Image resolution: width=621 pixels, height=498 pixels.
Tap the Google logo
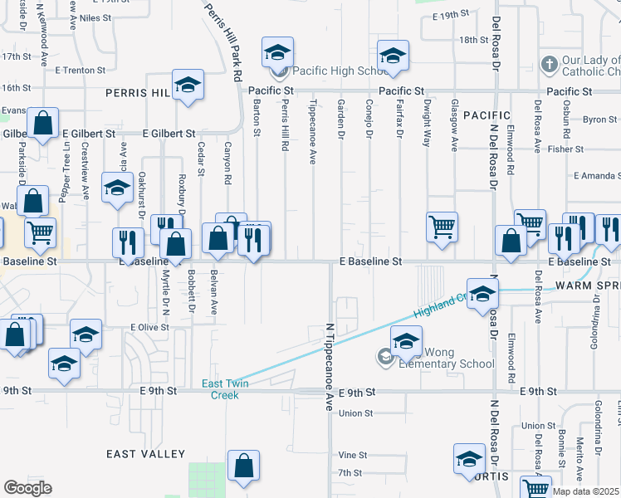[x=27, y=488]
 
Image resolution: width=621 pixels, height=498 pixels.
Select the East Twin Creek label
[x=220, y=389]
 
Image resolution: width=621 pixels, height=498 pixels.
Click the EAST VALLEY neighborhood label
[x=146, y=454]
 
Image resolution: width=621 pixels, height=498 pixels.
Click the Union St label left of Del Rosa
[x=355, y=413]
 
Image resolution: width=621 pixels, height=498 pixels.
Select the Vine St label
[x=353, y=456]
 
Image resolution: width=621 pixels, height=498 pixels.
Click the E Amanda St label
[x=597, y=176]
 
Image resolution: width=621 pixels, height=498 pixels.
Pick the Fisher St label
[x=566, y=149]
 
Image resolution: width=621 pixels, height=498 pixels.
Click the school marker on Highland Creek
[x=482, y=293]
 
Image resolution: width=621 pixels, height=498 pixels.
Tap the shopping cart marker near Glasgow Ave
[x=443, y=225]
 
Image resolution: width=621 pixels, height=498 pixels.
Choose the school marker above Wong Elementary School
[x=406, y=341]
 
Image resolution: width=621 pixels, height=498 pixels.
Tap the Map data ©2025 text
[x=586, y=491]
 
